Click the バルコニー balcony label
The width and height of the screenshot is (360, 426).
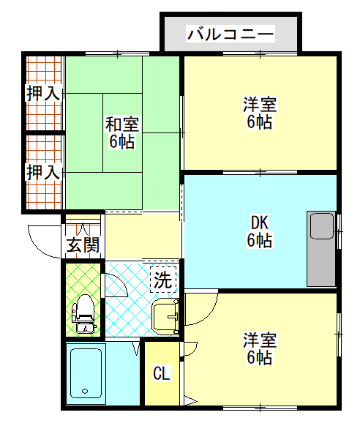230,34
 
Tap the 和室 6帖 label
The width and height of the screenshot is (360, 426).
122,132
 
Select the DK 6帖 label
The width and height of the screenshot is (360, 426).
260,231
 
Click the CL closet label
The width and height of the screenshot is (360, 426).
162,373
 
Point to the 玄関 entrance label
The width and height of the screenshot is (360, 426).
83,244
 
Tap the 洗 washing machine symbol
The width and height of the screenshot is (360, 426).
163,280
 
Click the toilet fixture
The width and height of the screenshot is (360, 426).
83,314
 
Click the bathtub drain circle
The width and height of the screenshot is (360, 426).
85,391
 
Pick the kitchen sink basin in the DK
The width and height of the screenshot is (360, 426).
322,226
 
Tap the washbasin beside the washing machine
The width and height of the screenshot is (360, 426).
165,316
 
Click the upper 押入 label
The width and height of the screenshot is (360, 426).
43,93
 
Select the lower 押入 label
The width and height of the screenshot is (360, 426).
43,172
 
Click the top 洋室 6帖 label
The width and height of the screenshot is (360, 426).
260,113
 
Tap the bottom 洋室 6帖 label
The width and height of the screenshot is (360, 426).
260,348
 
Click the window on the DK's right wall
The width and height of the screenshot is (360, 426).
339,231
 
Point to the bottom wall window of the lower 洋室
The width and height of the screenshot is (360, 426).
260,408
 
